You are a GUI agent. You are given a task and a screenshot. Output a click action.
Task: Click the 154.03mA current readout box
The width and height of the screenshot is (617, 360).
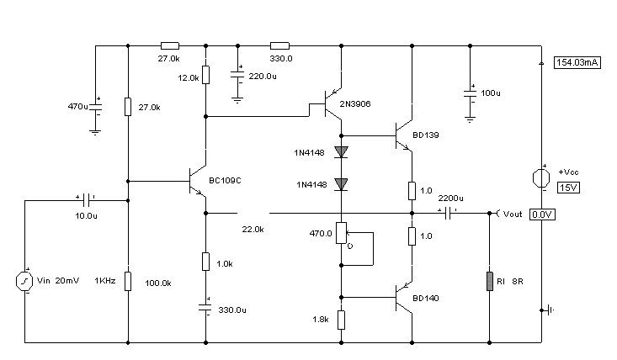(577, 62)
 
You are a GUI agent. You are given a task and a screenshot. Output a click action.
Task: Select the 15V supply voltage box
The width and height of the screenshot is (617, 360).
(569, 188)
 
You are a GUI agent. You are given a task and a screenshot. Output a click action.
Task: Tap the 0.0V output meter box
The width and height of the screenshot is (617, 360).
(542, 214)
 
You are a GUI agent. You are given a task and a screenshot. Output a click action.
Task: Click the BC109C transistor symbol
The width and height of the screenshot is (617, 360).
(198, 181)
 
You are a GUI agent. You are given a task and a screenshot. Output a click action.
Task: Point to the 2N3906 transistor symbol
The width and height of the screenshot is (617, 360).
(332, 103)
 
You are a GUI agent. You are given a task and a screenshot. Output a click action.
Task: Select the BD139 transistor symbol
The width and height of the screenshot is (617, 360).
(404, 135)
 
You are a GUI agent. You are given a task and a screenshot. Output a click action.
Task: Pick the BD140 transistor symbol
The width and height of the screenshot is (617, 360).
(404, 298)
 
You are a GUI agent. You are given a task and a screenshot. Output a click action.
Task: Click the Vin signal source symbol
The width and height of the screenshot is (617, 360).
(24, 281)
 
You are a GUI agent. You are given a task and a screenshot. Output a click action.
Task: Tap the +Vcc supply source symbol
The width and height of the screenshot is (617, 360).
(541, 178)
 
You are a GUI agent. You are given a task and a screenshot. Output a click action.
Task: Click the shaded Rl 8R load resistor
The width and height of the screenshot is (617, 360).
(490, 281)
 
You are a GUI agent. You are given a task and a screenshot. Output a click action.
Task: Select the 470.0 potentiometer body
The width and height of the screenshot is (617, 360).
(341, 233)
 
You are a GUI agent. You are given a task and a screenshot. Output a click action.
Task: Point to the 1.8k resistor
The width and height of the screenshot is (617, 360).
(341, 320)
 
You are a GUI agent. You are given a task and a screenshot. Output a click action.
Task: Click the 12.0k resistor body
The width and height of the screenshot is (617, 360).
(205, 75)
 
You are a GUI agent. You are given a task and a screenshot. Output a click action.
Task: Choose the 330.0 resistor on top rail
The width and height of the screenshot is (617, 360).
(279, 46)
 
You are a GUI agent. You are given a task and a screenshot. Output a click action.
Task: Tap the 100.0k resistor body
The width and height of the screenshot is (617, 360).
(128, 281)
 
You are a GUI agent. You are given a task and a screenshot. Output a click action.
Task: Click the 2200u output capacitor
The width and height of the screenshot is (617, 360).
(448, 214)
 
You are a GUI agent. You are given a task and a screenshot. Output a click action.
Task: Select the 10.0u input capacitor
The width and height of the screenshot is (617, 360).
(87, 200)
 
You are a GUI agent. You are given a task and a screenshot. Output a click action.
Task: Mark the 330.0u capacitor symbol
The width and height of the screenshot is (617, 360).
(205, 307)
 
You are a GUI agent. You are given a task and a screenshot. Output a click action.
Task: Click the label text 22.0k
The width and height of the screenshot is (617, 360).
(253, 229)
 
